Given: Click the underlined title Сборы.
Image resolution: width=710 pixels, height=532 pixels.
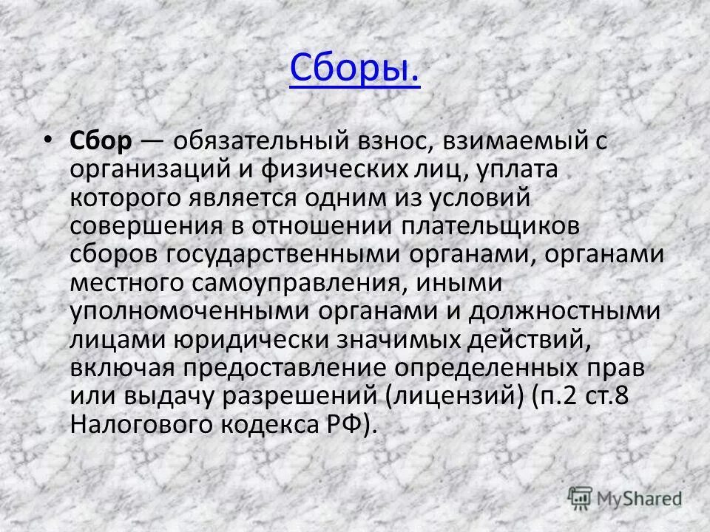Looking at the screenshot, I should (x=354, y=69).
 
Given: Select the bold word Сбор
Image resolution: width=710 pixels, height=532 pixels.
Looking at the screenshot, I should (x=101, y=140).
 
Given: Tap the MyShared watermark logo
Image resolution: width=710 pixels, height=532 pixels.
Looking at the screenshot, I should (x=625, y=497).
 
